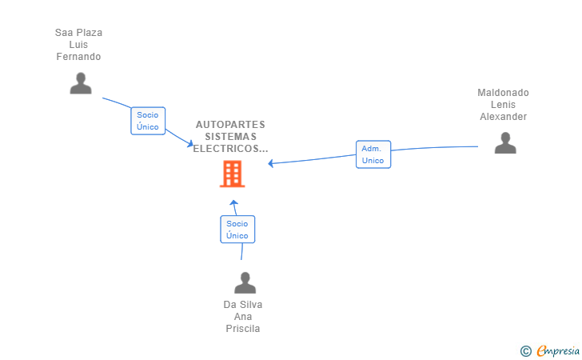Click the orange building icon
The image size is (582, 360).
[233, 174]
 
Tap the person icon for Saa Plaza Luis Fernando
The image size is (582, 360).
[81, 83]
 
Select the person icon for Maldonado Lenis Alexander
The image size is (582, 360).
[505, 142]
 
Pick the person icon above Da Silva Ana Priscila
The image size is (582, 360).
[245, 282]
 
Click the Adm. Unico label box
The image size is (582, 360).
[373, 154]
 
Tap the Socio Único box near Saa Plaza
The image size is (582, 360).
[148, 121]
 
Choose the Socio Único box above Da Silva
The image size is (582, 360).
[237, 230]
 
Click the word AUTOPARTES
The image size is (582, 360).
[230, 125]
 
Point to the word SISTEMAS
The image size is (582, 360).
[230, 136]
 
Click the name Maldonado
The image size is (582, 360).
[503, 93]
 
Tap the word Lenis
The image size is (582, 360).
[503, 104]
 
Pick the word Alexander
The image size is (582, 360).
[503, 117]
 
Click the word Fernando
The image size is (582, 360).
[78, 57]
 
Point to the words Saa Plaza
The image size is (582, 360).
[78, 33]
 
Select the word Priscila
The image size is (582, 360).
[243, 329]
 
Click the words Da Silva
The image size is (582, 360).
[243, 305]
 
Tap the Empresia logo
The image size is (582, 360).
[558, 351]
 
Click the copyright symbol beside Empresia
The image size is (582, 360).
[525, 351]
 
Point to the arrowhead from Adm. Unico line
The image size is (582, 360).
[271, 163]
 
